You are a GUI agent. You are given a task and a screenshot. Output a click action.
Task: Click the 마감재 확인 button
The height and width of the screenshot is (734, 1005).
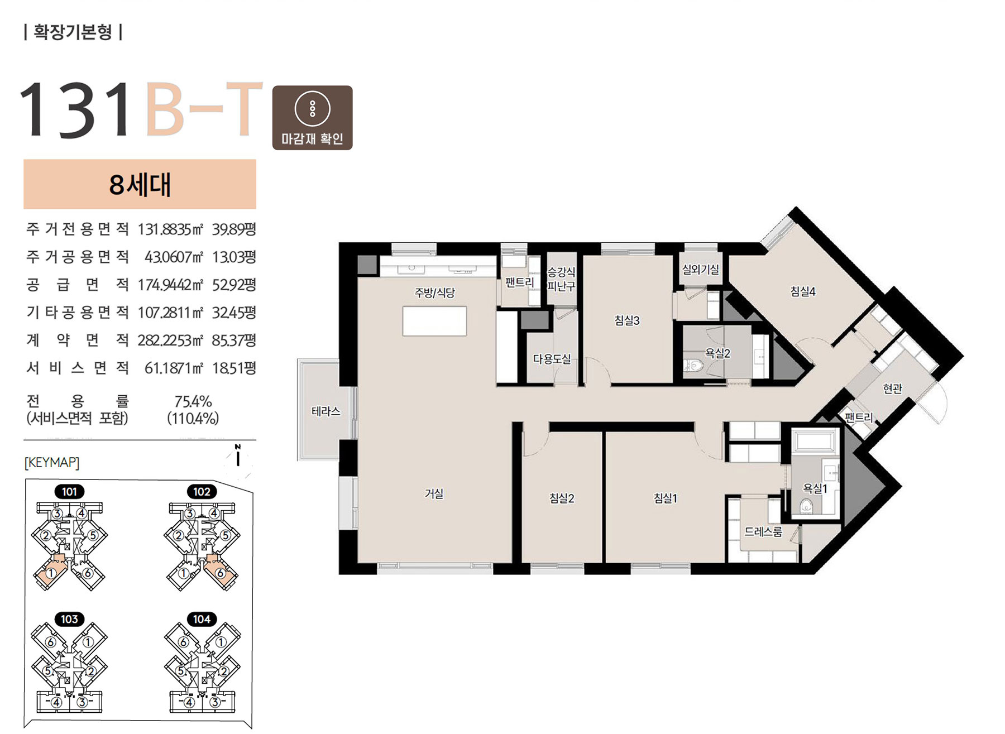click(x=312, y=118)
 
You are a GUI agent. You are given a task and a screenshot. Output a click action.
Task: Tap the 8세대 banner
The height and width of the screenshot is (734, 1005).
click(x=140, y=184)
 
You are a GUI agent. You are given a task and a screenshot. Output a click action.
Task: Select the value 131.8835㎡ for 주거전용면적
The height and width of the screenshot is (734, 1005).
click(x=170, y=229)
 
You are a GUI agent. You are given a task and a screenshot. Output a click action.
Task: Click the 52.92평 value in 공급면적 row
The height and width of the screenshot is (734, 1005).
click(x=234, y=285)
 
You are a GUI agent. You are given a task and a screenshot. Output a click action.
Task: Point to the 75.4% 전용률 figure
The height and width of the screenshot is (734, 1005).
click(x=193, y=401)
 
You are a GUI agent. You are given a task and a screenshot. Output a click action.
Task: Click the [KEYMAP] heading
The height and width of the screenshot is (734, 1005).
click(x=52, y=463)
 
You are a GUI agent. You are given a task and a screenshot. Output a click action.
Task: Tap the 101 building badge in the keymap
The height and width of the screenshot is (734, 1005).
click(x=69, y=492)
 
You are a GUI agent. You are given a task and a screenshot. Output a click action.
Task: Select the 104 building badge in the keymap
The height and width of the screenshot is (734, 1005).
click(x=202, y=619)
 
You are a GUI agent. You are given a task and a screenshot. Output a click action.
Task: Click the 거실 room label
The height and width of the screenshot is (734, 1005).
click(x=434, y=493)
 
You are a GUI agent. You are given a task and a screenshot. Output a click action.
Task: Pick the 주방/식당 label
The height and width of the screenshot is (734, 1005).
click(x=434, y=292)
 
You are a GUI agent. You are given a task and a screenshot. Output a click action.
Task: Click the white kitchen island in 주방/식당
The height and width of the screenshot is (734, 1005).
click(x=434, y=321)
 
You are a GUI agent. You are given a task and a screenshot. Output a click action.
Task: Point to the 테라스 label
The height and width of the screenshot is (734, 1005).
click(x=326, y=411)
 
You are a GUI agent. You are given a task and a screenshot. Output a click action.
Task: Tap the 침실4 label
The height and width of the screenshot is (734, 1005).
click(x=803, y=291)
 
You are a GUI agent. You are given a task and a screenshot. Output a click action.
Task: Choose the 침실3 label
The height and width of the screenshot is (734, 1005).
click(x=627, y=320)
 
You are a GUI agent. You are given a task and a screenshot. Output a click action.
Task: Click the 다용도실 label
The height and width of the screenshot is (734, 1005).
click(x=552, y=359)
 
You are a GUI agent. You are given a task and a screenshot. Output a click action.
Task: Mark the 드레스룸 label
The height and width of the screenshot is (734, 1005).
click(x=763, y=532)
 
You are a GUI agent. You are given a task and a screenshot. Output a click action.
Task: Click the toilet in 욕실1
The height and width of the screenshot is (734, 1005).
click(x=806, y=507)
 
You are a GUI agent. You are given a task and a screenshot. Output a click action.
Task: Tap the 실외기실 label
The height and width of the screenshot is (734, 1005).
click(x=701, y=270)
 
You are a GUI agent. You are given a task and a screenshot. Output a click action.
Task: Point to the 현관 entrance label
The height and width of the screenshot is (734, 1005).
click(x=893, y=388)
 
